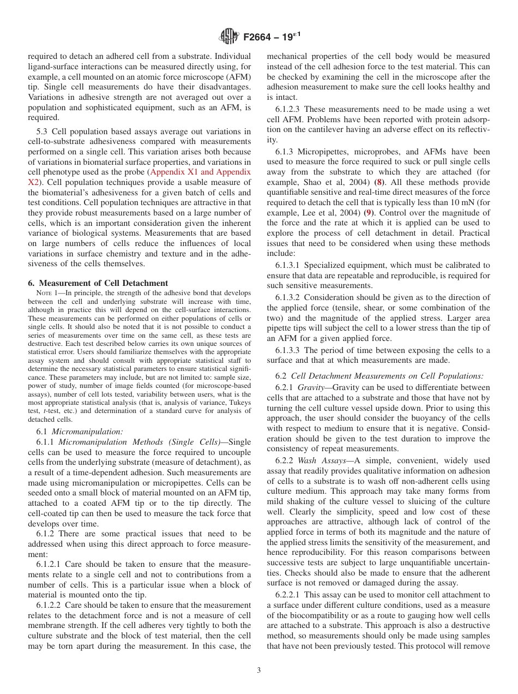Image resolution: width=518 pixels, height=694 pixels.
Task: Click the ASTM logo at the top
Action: coord(228,37)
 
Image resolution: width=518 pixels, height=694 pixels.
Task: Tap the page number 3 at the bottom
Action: coord(259,670)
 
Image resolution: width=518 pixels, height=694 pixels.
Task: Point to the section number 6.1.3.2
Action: coord(290,297)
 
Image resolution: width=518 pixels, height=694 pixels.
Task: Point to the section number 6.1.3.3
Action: coord(290,350)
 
